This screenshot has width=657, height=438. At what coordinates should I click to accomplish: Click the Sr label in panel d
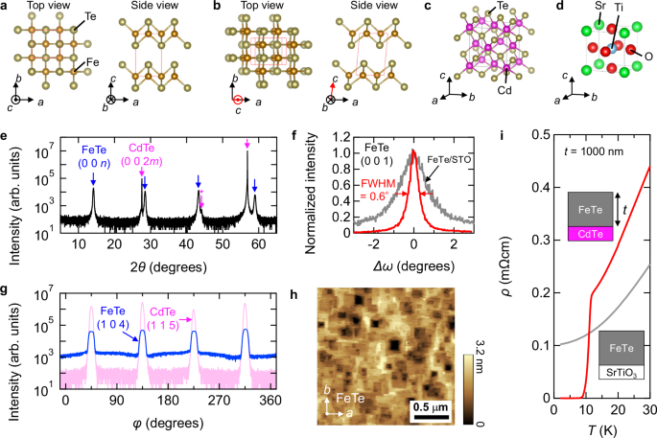coord(565,11)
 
